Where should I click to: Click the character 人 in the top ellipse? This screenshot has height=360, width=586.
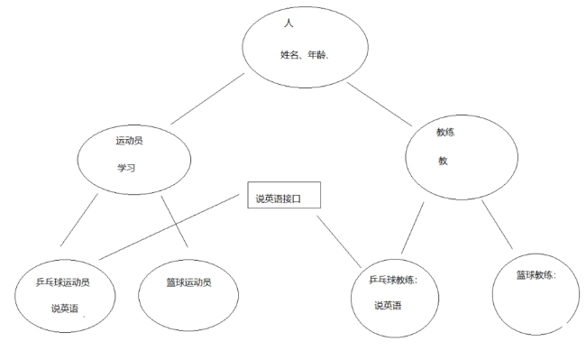288,23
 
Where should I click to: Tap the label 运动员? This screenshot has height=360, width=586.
129,142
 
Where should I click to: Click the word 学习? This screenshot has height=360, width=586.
125,168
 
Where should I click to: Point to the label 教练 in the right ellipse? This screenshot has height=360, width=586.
445,132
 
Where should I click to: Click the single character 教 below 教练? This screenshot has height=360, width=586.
443,161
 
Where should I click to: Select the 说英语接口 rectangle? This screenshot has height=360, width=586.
284,198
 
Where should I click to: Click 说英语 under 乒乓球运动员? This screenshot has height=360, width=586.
64,309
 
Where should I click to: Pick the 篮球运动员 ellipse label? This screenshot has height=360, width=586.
188,282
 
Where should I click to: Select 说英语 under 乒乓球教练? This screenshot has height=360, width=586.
389,304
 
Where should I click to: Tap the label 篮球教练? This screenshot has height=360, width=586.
536,274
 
